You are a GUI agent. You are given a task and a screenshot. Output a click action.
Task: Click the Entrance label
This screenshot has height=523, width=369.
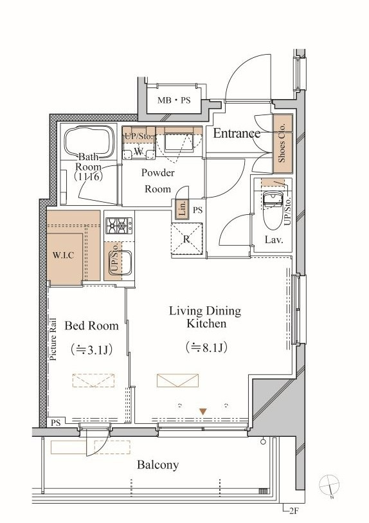coord(237,133)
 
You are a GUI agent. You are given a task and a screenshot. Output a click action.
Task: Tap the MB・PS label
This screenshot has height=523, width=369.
coord(174,100)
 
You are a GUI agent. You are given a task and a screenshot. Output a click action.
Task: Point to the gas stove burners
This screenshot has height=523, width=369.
coord(119,226)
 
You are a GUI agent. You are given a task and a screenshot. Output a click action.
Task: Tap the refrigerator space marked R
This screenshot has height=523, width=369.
coord(186,239)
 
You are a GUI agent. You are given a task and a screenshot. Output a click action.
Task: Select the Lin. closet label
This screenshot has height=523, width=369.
coord(182,209)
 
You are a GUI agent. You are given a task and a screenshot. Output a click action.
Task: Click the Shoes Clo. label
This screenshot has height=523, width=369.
coord(282,143)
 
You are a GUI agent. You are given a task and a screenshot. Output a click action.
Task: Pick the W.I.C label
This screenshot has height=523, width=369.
coord(64,255)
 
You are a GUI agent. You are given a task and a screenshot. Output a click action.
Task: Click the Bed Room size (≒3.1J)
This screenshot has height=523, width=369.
coord(91,349)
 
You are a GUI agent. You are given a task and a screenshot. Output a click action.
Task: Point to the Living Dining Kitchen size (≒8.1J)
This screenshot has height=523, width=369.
coord(206,347)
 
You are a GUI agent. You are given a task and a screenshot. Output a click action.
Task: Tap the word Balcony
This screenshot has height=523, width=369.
coord(158,464)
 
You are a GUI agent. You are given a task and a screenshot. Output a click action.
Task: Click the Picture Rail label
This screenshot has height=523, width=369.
coord(53,340)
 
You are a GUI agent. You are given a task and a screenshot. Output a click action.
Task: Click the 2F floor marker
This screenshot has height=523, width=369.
coord(293,511)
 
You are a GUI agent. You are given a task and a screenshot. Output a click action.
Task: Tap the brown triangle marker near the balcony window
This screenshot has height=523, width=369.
coord(203,412)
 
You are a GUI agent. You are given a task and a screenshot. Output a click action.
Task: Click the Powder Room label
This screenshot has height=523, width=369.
coord(157,181)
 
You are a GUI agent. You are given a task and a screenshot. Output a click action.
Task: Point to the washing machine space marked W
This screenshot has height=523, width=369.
coord(139,152)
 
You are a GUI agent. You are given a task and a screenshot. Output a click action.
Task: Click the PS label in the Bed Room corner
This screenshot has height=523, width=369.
coord(56,423)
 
